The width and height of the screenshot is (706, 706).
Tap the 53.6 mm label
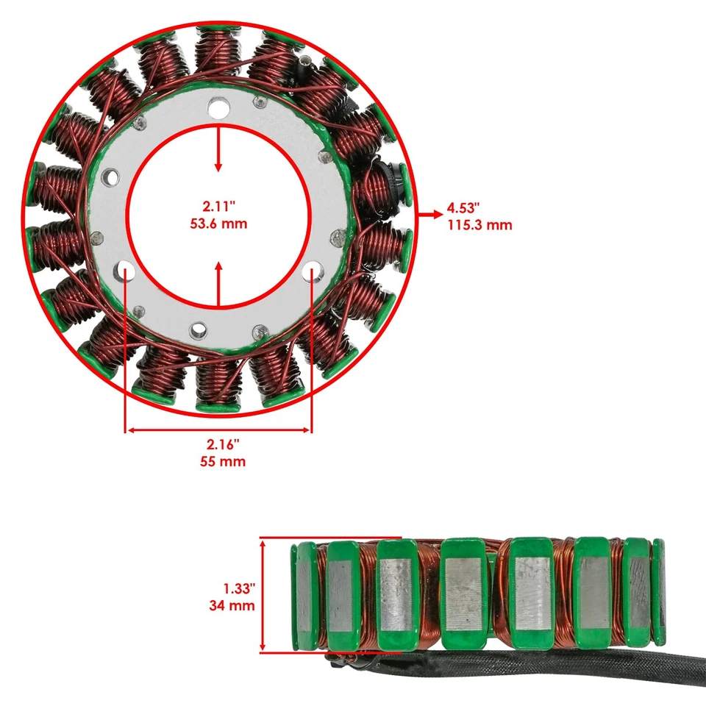tap(218, 224)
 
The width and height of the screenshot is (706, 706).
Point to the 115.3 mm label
tap(479, 225)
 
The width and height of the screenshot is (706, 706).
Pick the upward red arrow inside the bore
tap(218, 283)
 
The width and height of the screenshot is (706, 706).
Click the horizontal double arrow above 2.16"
tap(219, 430)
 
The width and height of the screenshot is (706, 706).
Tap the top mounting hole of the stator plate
tap(218, 109)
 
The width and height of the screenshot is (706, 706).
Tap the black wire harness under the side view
tap(515, 673)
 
